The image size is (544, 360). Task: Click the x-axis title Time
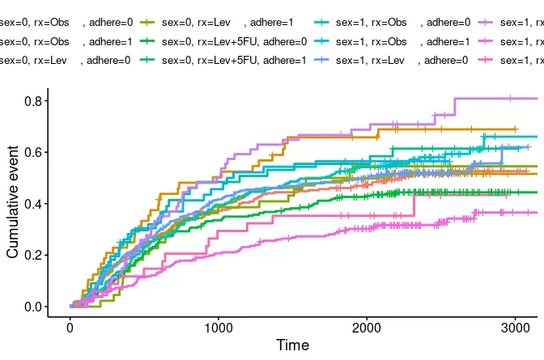[x=292, y=345]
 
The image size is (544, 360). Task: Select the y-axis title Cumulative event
[x=13, y=202]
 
